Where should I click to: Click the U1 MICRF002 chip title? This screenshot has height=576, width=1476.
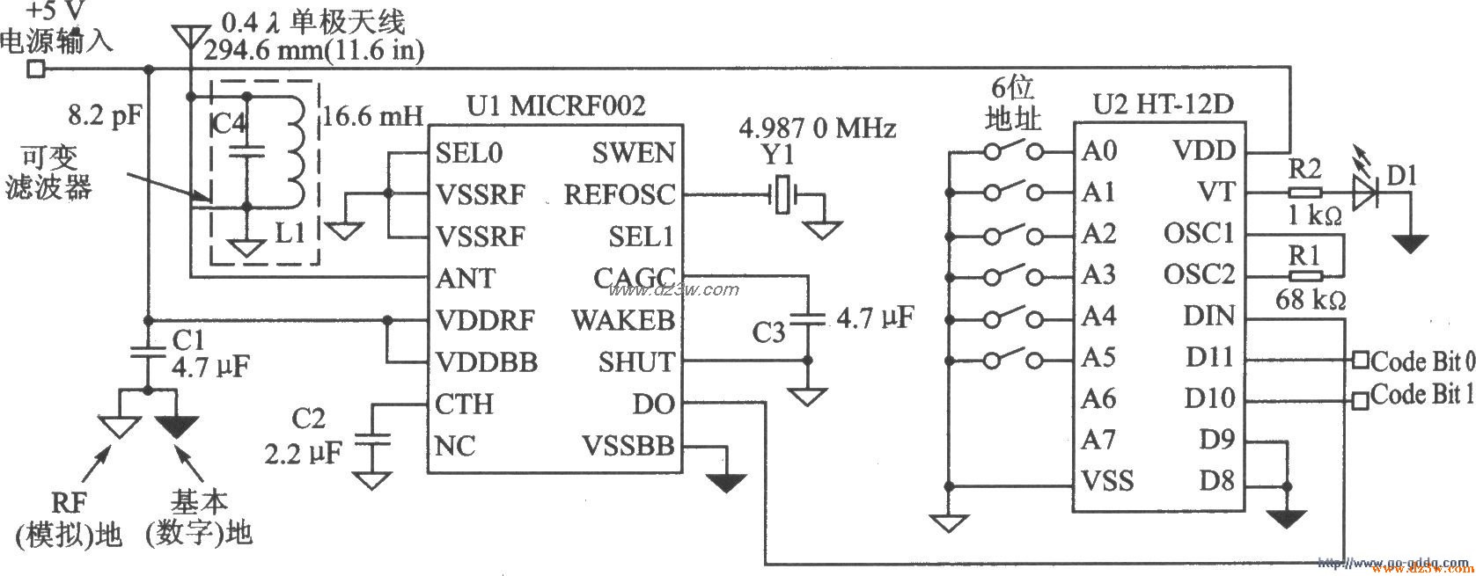click(x=555, y=106)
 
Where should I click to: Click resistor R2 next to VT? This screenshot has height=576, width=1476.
click(x=1304, y=193)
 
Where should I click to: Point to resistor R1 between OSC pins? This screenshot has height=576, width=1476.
click(x=1304, y=275)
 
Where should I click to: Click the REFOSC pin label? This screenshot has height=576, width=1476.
click(x=620, y=194)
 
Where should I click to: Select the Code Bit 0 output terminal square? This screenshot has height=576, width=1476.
click(x=1361, y=360)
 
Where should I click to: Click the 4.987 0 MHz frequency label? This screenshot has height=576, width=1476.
click(x=818, y=128)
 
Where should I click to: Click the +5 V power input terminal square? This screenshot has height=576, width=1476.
click(x=35, y=69)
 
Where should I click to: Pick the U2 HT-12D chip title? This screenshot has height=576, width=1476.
click(x=1163, y=106)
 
